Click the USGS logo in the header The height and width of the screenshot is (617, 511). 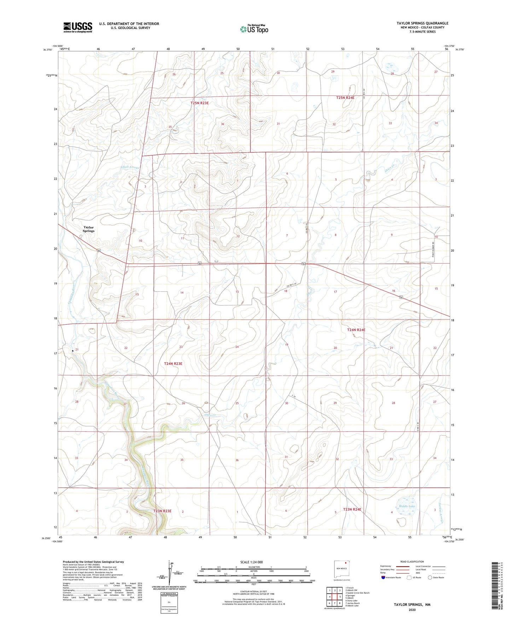[x=77, y=27]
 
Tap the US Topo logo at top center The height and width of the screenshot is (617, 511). [x=254, y=29]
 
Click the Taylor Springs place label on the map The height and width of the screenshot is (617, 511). [x=88, y=229]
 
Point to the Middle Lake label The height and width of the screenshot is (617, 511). [x=407, y=506]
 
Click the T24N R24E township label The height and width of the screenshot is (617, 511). [x=356, y=330]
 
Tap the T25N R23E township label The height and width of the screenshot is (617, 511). [x=199, y=103]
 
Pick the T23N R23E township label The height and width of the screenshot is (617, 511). [x=162, y=511]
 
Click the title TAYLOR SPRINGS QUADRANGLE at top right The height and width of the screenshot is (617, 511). [x=422, y=23]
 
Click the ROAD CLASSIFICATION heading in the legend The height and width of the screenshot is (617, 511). [x=412, y=562]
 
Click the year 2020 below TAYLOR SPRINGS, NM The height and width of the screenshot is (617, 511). [x=412, y=610]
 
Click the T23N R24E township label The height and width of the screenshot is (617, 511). [x=352, y=509]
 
